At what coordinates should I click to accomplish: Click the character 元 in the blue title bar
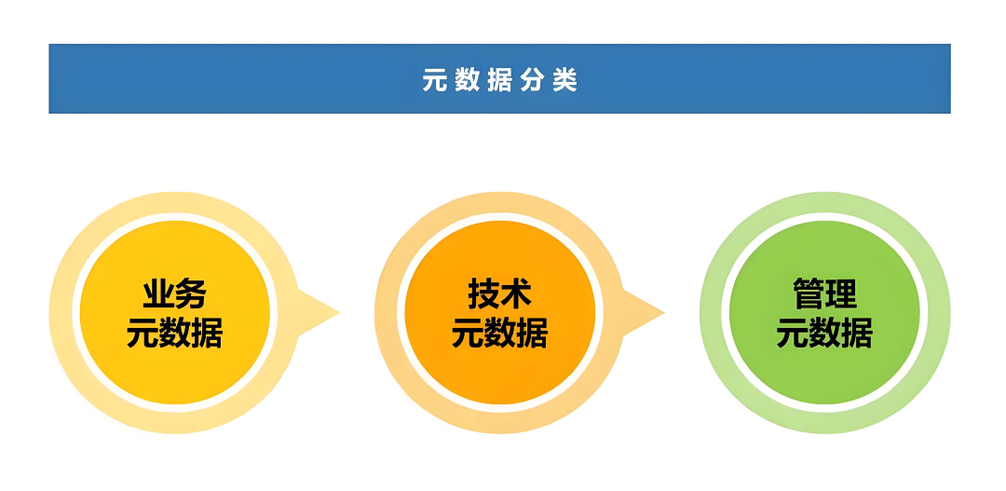pos(433,79)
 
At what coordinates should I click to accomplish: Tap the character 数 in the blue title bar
pos(467,79)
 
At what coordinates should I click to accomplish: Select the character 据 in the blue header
pos(500,79)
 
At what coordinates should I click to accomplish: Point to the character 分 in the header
pos(533,79)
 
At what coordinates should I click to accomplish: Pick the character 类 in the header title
pos(566,79)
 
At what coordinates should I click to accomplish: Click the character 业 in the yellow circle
pos(158,294)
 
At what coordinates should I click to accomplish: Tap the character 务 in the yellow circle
pos(191,294)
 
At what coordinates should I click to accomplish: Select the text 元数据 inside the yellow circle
pos(174,333)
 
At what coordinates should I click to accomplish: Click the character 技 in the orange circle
pos(483,294)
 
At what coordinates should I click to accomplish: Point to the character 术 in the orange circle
pos(516,294)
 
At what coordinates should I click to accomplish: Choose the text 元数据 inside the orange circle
pos(500,333)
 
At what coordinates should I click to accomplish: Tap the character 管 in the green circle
pos(809,294)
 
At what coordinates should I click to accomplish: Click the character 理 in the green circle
pos(840,294)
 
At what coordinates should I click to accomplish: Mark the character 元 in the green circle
pos(793,333)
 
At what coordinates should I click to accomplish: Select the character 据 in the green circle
pos(857,333)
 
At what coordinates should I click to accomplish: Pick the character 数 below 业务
pos(174,333)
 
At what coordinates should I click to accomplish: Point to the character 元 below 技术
pos(468,333)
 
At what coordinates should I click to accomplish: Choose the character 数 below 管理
pos(824,333)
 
